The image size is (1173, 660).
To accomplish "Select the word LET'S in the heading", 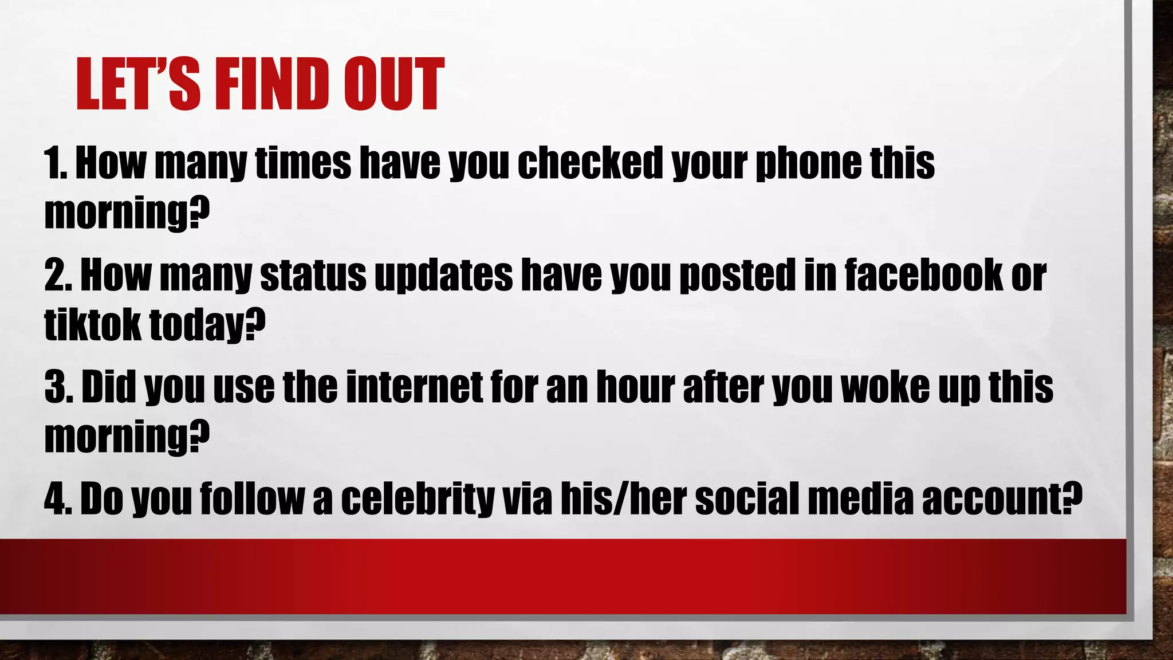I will click(x=138, y=84).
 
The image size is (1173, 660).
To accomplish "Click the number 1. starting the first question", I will click(x=56, y=163).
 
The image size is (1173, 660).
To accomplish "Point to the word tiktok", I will click(x=92, y=324).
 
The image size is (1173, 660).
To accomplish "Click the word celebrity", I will click(x=418, y=499).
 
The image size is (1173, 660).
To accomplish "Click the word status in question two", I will click(x=313, y=276).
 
